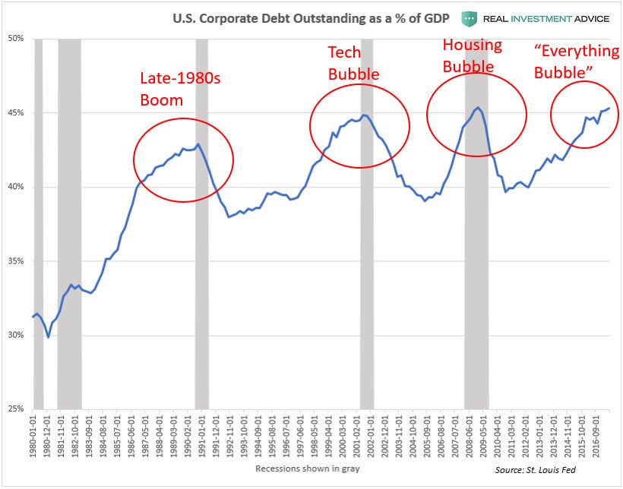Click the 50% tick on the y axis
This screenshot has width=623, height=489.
[x=16, y=38]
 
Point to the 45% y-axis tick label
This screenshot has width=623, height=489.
[x=16, y=112]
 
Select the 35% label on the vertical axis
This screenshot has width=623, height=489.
[x=16, y=261]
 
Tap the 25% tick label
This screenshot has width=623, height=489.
[x=16, y=409]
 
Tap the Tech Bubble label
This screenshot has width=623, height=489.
[x=353, y=63]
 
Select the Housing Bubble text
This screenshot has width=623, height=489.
[x=472, y=55]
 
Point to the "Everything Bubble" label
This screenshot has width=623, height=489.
[x=577, y=62]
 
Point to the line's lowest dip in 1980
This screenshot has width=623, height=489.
[x=49, y=337]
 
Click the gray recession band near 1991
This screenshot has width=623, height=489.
[x=201, y=228]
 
